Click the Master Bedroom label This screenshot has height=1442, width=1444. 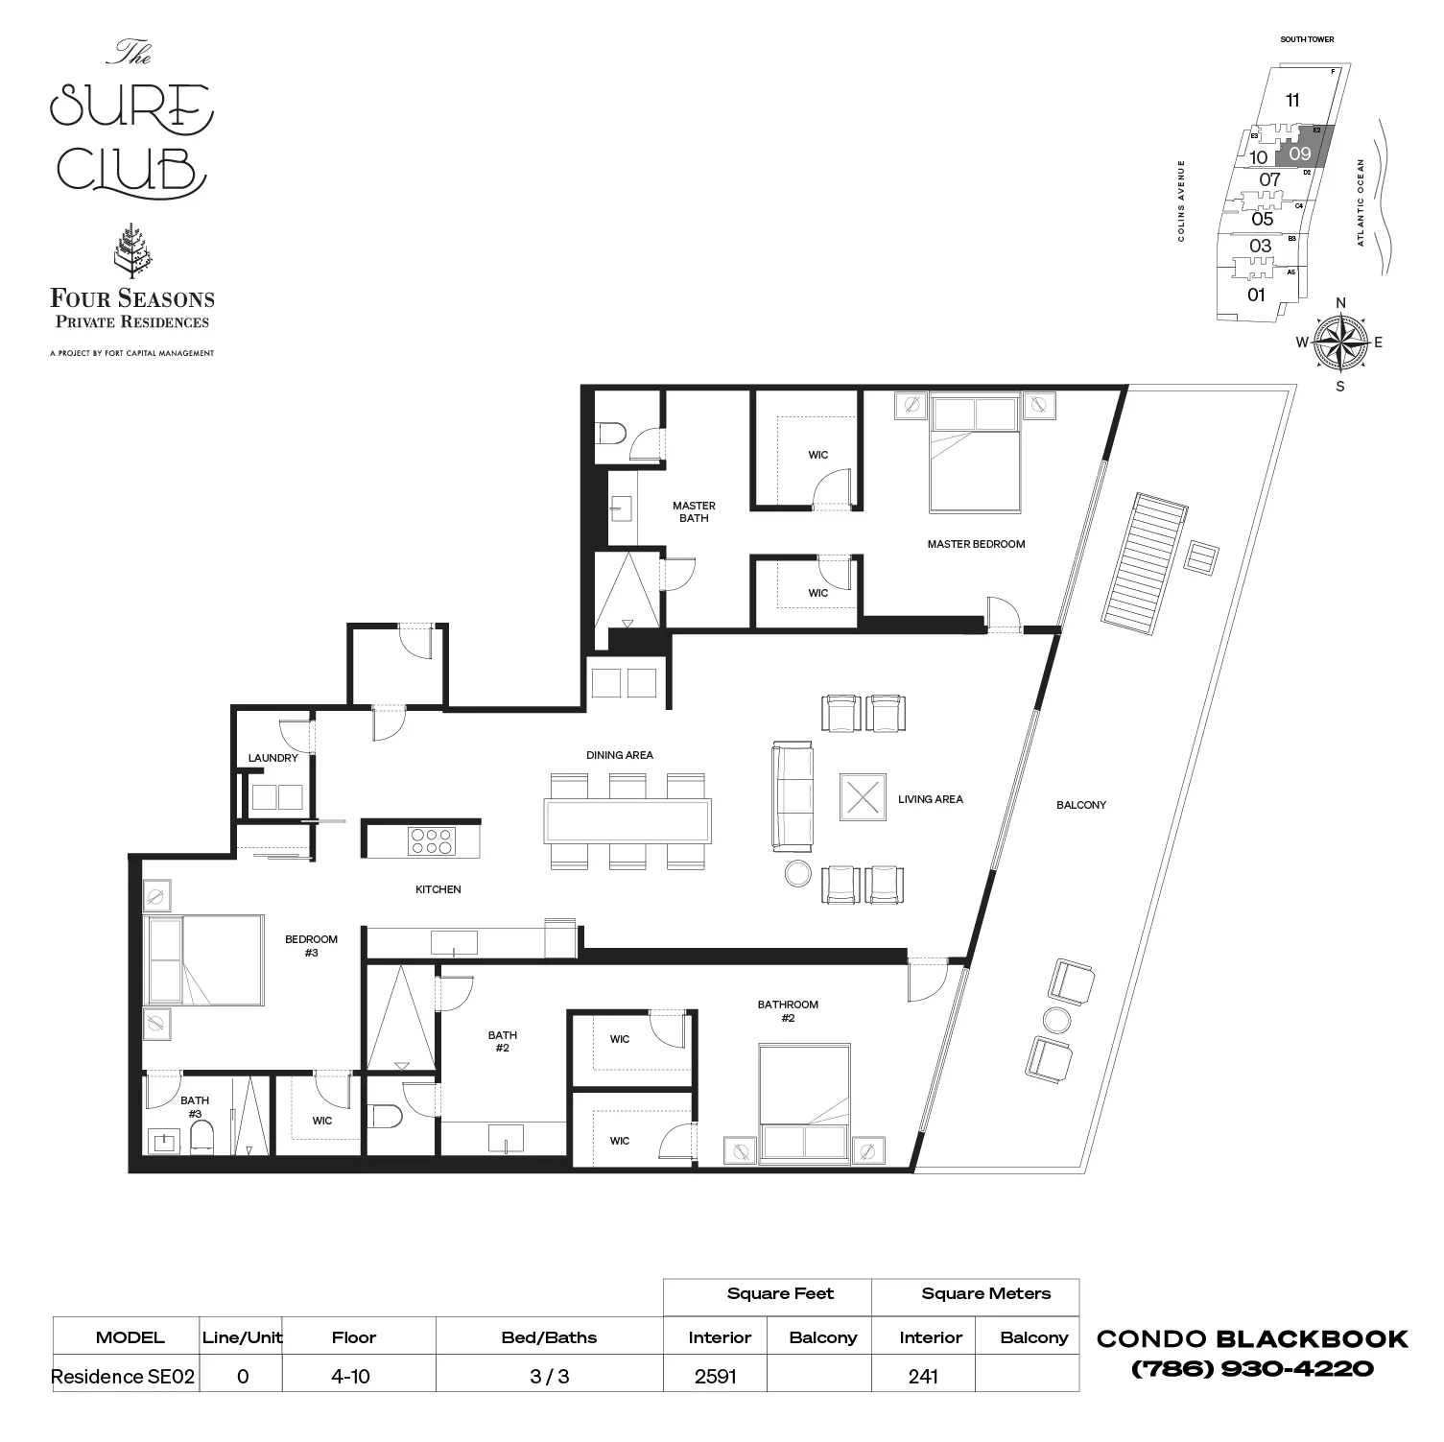pos(976,544)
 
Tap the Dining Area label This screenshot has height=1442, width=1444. pos(619,755)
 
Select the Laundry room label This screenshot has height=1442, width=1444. pos(272,758)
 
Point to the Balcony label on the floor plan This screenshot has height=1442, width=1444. pos(1080,805)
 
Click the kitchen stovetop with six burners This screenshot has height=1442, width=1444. pos(431,841)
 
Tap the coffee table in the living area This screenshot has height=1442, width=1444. pos(863,797)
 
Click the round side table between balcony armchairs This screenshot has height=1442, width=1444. pos(1058,1020)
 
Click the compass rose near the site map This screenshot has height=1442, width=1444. pos(1340,343)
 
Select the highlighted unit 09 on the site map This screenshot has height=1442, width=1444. pos(1300,154)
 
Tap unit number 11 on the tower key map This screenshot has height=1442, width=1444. pos(1292,100)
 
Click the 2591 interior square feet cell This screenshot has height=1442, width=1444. pos(715,1377)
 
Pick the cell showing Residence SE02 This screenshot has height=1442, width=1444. pos(123,1377)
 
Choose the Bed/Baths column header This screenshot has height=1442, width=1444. pos(549,1337)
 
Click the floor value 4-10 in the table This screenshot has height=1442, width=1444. pos(350,1377)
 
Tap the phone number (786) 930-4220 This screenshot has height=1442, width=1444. pos(1252,1369)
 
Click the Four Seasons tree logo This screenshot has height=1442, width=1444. pos(131,251)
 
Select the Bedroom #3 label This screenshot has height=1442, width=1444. pos(311,946)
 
